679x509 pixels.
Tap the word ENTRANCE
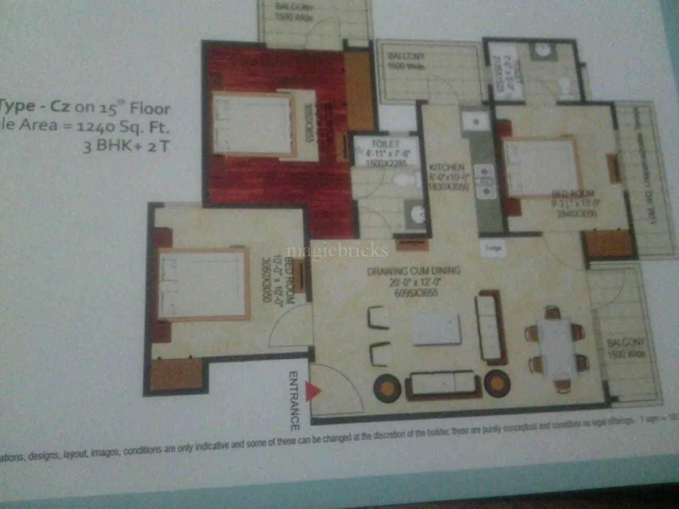(x=294, y=401)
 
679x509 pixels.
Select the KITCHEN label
(x=447, y=167)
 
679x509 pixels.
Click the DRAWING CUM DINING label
(x=413, y=271)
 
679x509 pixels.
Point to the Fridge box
(x=493, y=248)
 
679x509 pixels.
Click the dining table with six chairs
(x=555, y=348)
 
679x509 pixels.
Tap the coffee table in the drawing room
(x=436, y=329)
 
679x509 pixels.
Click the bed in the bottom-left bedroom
(x=203, y=284)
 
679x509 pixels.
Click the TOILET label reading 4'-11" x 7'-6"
(x=385, y=143)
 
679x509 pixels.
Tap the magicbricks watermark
(x=337, y=251)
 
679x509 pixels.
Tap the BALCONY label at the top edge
(x=294, y=7)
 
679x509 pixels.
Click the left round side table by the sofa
(x=387, y=386)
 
